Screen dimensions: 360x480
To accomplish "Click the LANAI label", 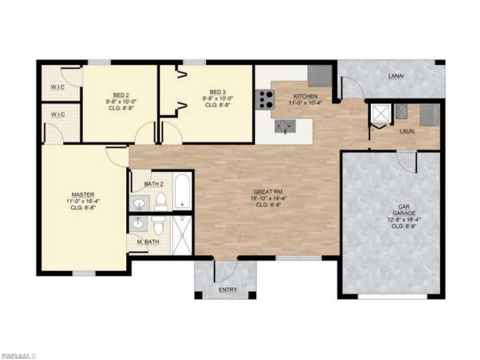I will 396,75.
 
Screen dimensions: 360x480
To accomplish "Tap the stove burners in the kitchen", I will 264,99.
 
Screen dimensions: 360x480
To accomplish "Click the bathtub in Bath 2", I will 182,190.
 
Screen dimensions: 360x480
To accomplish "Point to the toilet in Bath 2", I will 161,201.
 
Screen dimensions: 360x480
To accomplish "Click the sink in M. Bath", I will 137,224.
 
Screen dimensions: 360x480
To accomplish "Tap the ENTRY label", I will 228,290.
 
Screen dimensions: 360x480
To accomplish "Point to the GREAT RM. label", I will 267,192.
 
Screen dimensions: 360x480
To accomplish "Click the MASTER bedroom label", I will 83,195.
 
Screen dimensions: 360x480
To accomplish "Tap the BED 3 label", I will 217,92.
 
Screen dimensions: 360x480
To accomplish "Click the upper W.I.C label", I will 58,86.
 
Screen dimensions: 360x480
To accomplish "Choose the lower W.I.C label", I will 58,114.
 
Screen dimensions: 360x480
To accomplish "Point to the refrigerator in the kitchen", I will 320,76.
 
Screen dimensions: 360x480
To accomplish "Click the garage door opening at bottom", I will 392,296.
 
